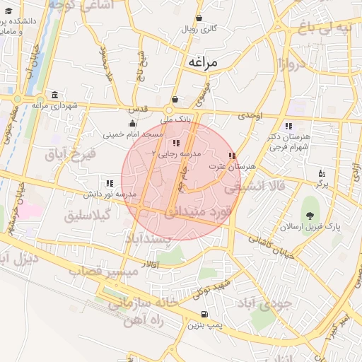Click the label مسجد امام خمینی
coord(133,134)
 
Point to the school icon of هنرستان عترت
coord(232,156)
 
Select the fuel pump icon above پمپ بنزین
coord(204,315)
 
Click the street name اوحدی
coord(250,115)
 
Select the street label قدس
coord(136,110)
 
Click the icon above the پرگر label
coord(322,173)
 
